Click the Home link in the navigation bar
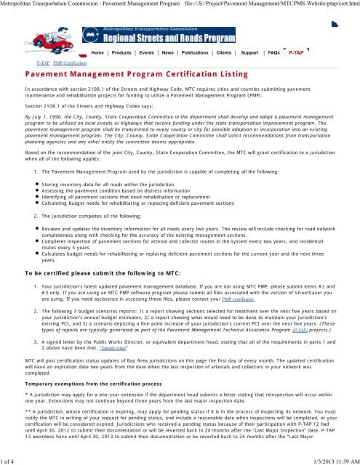pyautogui.click(x=100, y=53)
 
